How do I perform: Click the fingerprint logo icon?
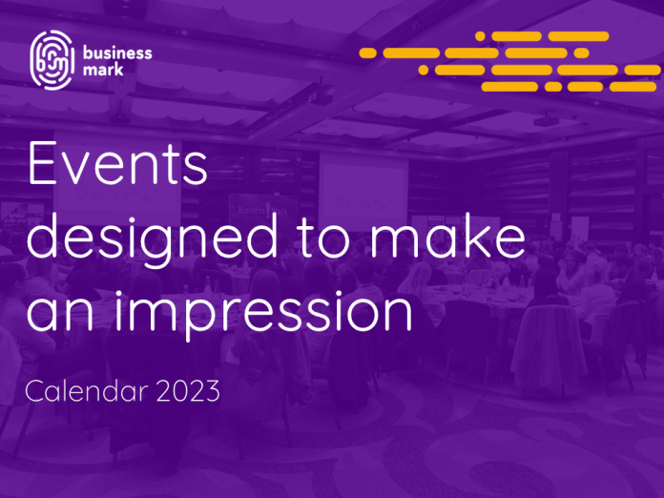52,60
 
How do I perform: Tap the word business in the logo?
117,52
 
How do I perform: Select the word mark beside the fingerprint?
103,69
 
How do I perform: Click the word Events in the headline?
117,164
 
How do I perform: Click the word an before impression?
60,312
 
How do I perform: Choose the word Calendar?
87,390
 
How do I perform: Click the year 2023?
189,391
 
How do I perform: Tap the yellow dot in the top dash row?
480,36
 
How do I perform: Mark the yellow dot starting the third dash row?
423,70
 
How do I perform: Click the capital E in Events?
42,164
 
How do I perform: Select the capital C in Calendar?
34,390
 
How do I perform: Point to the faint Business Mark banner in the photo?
262,211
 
